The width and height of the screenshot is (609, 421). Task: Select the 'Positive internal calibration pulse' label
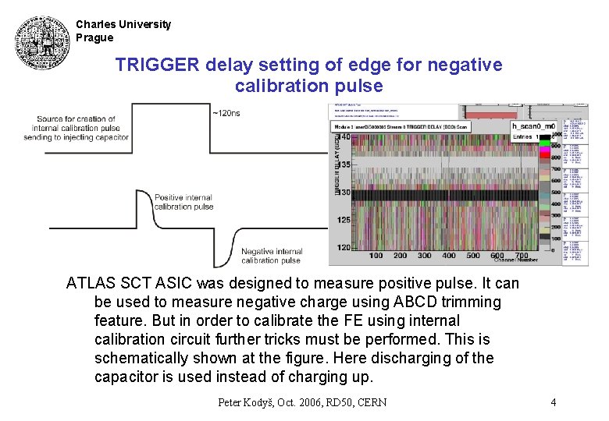point(183,202)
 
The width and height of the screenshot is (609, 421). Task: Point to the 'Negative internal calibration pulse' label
point(272,256)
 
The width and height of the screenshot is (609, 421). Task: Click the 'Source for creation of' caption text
point(76,119)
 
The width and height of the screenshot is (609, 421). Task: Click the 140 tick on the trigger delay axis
point(344,137)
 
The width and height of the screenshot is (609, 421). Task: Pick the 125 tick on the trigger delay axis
point(344,221)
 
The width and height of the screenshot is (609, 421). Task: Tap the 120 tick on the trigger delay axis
point(344,247)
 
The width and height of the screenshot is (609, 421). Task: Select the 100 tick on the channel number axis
point(376,256)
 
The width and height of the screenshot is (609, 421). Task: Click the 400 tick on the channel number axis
point(449,256)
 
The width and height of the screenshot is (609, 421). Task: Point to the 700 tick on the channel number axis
point(522,256)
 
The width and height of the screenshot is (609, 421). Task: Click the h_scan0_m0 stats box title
point(533,126)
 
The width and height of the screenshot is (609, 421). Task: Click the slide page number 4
point(553,402)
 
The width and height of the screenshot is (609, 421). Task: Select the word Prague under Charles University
point(94,37)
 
